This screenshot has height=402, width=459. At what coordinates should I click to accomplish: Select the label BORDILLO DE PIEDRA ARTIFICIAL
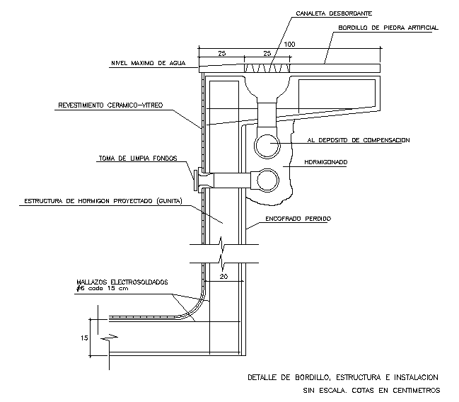(388, 28)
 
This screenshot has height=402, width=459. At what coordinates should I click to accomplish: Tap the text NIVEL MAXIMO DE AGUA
(147, 63)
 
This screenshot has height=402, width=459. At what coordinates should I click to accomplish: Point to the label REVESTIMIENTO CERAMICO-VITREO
(110, 105)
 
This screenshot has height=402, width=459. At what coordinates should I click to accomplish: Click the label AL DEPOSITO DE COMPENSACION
(358, 141)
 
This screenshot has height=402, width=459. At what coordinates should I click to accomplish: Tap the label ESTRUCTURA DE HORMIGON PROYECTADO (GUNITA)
(103, 201)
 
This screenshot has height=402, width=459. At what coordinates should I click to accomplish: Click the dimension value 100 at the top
(289, 45)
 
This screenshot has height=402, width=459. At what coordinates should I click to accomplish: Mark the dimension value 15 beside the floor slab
(85, 338)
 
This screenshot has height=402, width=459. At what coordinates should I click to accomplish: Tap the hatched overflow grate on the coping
(267, 67)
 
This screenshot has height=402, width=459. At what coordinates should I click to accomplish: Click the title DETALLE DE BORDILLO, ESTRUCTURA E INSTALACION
(344, 377)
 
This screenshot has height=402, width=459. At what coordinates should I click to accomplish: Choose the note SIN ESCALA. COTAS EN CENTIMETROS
(368, 390)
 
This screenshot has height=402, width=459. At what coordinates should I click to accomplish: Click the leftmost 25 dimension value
(221, 54)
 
